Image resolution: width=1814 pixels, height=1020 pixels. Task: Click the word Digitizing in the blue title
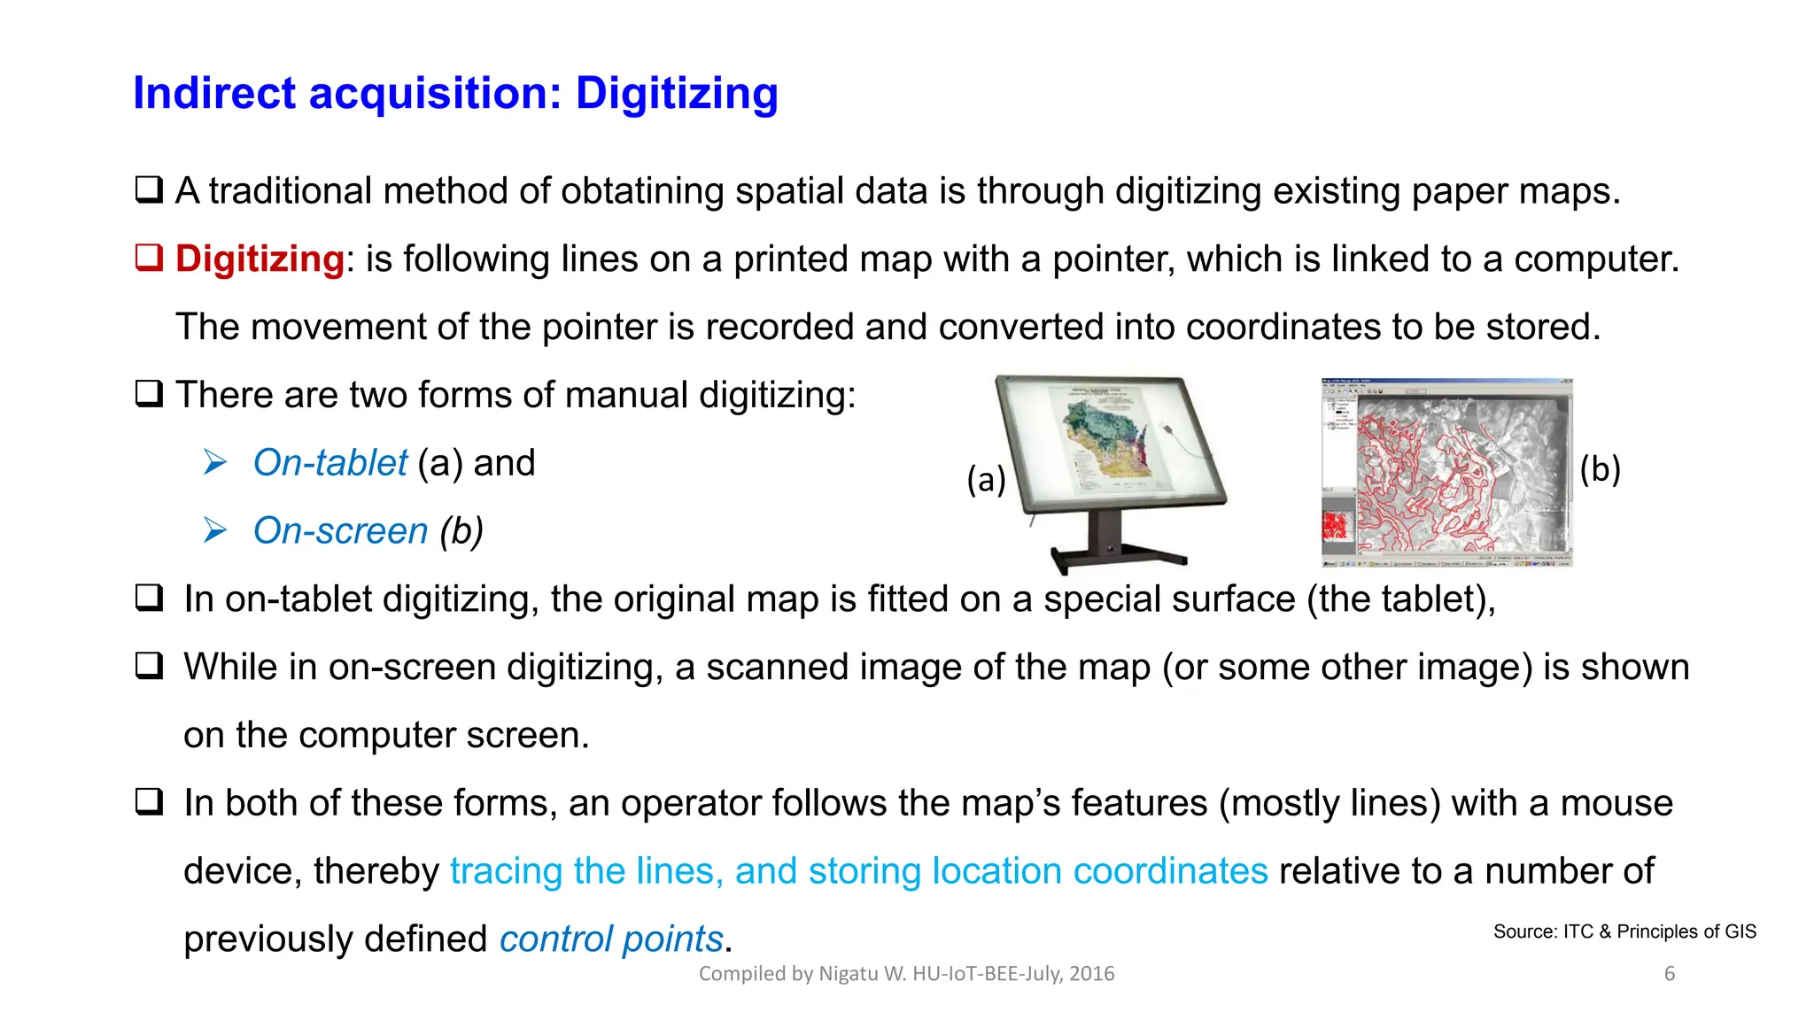point(677,94)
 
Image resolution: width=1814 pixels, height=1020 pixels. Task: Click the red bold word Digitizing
point(260,259)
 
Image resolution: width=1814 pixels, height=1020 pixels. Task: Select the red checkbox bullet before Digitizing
point(149,258)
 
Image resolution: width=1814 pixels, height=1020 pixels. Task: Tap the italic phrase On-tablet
point(329,463)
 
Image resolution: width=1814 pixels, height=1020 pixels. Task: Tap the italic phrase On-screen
point(340,531)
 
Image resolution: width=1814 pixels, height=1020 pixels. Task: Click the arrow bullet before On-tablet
point(214,462)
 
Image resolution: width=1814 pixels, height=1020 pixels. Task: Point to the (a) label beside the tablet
point(986,479)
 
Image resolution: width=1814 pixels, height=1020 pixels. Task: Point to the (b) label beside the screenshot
point(1600,469)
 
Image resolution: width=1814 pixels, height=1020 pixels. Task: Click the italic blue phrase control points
point(611,939)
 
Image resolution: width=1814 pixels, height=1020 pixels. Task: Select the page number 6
point(1670,974)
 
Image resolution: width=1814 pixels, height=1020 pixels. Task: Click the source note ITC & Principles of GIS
point(1624,931)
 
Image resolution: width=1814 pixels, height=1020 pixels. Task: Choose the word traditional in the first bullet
point(290,191)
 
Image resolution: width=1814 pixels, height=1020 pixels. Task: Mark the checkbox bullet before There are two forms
point(149,393)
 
